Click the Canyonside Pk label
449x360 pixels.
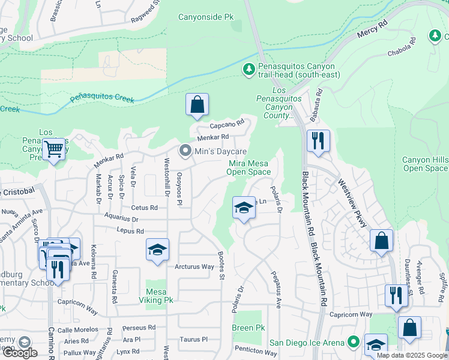click(205, 17)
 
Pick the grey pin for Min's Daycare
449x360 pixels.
click(185, 151)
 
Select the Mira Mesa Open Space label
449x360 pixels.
click(249, 167)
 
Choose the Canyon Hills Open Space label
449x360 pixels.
click(425, 164)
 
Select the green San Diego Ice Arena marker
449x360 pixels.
click(354, 343)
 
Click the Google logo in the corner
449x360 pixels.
click(19, 353)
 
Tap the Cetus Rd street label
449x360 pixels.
click(145, 208)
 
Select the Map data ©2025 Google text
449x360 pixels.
click(411, 355)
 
